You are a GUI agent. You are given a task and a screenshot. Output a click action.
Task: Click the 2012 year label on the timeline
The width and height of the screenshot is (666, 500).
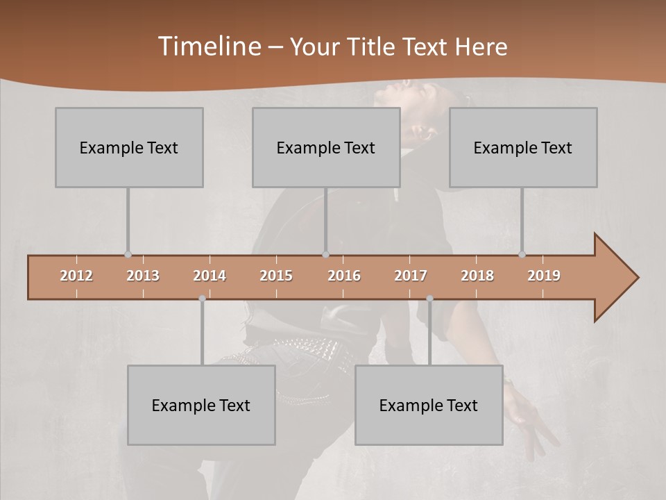tap(76, 276)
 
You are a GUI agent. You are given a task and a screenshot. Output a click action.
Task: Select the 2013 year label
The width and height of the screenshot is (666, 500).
tap(143, 276)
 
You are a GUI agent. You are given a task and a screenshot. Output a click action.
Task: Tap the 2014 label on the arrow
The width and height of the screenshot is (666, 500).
tap(210, 276)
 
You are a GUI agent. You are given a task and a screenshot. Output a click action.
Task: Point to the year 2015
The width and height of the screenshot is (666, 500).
tap(276, 276)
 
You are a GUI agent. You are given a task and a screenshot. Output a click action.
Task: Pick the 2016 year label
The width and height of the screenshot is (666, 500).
tap(344, 276)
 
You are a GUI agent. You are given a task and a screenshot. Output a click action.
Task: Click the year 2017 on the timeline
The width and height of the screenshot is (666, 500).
tap(411, 276)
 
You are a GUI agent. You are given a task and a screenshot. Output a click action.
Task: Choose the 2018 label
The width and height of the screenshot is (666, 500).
tap(477, 276)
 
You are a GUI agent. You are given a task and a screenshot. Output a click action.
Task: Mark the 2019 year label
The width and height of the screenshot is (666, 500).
tap(544, 276)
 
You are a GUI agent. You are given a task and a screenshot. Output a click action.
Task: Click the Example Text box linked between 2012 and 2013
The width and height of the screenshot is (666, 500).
tap(129, 147)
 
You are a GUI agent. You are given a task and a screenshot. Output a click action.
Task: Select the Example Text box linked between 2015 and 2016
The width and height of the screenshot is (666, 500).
tap(326, 147)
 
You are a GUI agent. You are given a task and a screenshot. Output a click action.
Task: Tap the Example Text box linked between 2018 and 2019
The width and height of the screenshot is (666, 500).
tap(523, 147)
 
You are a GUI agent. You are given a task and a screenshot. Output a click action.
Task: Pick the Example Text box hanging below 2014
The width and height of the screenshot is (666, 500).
tap(201, 405)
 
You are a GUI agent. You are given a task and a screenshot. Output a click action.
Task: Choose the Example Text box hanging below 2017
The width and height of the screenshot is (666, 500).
tap(429, 405)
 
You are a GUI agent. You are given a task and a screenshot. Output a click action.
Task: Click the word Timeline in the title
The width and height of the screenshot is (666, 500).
tap(209, 46)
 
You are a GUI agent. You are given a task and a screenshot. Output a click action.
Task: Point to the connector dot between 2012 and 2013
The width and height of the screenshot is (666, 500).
tap(128, 255)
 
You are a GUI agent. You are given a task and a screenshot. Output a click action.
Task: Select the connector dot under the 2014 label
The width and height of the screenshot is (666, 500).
tap(202, 299)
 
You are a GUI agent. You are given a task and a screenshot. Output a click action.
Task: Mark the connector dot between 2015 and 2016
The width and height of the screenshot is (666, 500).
tap(325, 255)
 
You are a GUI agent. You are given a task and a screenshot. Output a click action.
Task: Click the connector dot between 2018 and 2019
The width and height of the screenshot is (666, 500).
tap(522, 255)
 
